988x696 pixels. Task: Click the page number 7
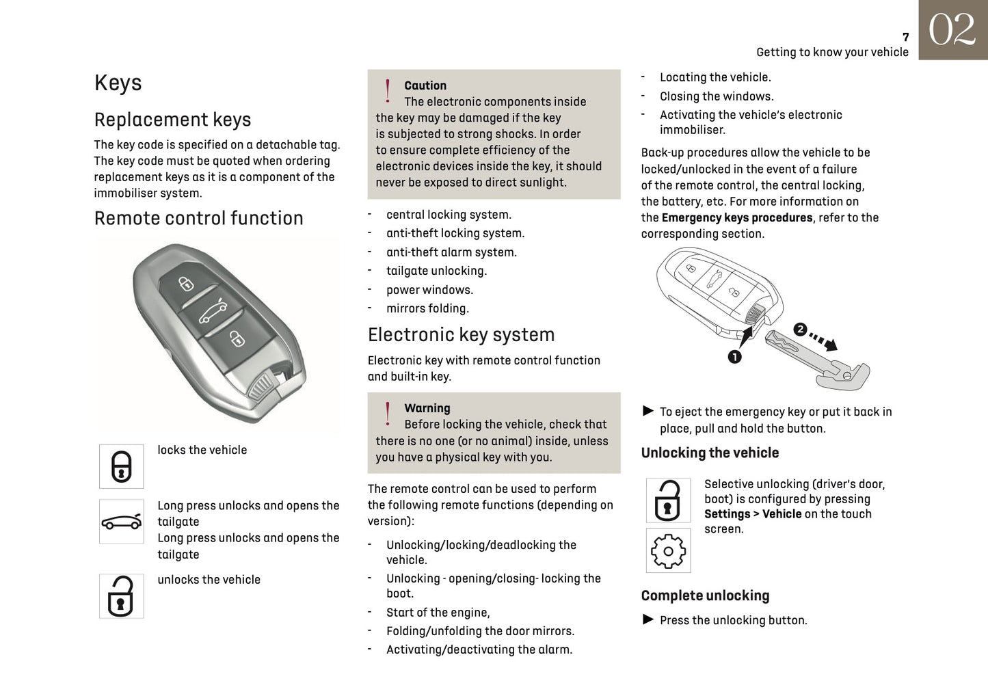tap(905, 37)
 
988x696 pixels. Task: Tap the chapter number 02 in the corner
tap(952, 30)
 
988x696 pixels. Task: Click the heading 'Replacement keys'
tap(172, 120)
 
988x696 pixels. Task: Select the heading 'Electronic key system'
tap(461, 334)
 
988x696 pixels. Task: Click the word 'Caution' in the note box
tap(425, 85)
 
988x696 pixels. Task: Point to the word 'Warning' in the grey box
tap(427, 408)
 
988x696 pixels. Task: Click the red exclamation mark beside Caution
tap(388, 91)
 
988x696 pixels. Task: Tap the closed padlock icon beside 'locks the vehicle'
tap(122, 466)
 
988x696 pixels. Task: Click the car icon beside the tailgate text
tap(122, 522)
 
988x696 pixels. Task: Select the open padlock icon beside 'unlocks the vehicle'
tap(122, 596)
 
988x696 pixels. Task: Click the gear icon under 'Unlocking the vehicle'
tap(668, 551)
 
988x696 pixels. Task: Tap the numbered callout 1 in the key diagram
tap(735, 357)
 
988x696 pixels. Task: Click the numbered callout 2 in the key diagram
tap(800, 330)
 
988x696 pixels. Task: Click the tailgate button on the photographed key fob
tap(212, 312)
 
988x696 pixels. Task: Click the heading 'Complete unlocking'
tap(705, 595)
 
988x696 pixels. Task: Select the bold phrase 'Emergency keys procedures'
tap(737, 217)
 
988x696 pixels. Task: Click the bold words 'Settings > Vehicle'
tap(753, 514)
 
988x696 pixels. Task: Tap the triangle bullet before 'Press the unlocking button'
tap(648, 619)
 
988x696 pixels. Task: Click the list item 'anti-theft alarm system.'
tap(451, 252)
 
